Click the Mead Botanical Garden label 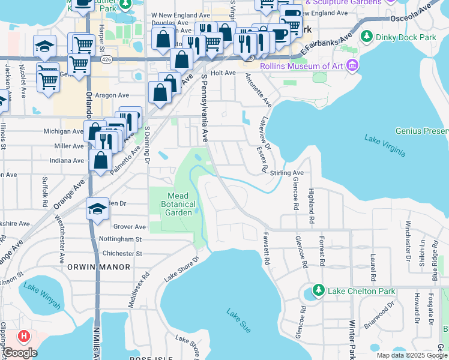click(178, 204)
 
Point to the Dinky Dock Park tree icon click(366, 37)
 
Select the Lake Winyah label click(42, 295)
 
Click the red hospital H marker click(23, 336)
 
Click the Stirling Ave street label click(287, 173)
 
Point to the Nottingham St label click(121, 239)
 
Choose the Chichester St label click(121, 254)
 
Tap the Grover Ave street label click(130, 227)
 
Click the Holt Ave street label click(223, 73)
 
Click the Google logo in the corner click(20, 352)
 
